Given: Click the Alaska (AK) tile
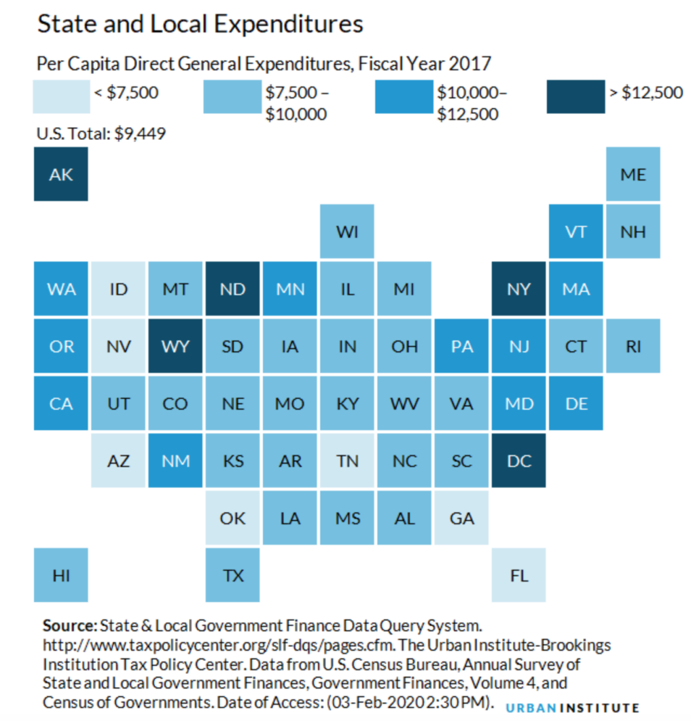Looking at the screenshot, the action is coord(60,174).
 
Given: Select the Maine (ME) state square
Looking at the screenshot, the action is coord(633,174).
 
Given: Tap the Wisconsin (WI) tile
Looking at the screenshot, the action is coord(347,231).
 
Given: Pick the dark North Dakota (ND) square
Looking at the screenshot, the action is coord(232,289).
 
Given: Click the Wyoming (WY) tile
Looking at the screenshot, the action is coord(175,346).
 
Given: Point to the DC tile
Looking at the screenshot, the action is coord(518,460).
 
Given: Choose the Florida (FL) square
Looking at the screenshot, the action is coord(518,575).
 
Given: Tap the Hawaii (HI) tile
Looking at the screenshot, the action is coord(60,575).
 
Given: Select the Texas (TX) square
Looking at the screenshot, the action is coord(232,575).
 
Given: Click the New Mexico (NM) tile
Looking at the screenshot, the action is coord(175,460).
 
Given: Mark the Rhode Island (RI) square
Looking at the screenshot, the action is coord(633,346).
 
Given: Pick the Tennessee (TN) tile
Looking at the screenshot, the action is coord(347,460).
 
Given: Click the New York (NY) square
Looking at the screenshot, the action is coord(518,289).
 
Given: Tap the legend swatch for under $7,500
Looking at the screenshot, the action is coord(62,96).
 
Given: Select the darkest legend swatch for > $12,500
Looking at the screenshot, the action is coord(575,96).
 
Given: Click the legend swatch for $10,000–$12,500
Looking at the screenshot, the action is coord(404,96).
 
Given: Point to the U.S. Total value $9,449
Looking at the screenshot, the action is coord(140,134).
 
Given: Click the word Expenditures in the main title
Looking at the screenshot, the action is coord(289,24).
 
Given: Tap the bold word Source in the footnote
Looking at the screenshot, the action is coord(69,626).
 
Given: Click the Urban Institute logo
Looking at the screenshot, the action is coord(572,707).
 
